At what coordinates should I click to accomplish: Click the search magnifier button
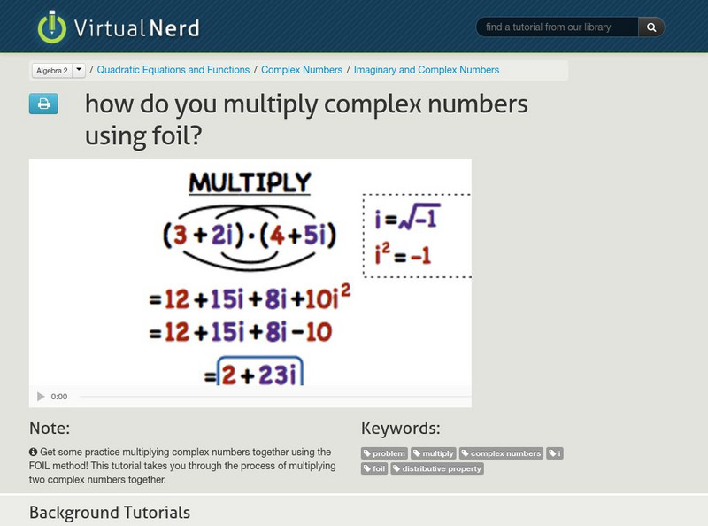click(x=651, y=27)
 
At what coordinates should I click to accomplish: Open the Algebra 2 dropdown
click(x=58, y=70)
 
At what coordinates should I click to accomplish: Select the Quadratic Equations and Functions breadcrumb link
click(x=173, y=70)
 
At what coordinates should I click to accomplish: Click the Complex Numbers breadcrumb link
click(x=302, y=70)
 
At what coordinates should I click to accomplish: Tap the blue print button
click(x=43, y=104)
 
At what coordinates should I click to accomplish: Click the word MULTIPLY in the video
click(x=250, y=183)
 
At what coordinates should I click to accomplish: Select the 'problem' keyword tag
click(x=385, y=453)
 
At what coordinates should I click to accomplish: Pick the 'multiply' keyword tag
click(x=434, y=453)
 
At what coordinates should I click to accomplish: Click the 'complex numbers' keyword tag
click(x=501, y=453)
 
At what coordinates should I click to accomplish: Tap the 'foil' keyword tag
click(x=375, y=469)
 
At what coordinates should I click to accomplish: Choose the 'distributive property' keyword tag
click(x=437, y=469)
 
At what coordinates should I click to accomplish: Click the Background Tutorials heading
click(x=110, y=512)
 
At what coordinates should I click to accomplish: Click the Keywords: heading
click(x=401, y=429)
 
